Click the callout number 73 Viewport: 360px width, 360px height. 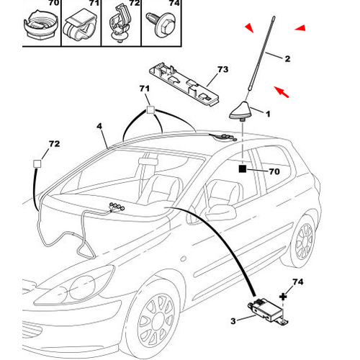(x=222, y=69)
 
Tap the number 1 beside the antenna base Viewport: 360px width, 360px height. (x=268, y=114)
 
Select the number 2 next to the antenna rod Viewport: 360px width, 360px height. (x=287, y=59)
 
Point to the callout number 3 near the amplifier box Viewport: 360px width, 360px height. (x=233, y=321)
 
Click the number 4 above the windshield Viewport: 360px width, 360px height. (x=99, y=126)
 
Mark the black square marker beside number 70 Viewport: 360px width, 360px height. (x=243, y=169)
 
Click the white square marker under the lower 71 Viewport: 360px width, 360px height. (x=150, y=110)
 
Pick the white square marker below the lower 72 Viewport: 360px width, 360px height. (x=37, y=164)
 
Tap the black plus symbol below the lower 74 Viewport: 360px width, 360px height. (x=283, y=297)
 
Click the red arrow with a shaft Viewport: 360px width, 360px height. (x=282, y=92)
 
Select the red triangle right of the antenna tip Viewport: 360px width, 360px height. (x=300, y=28)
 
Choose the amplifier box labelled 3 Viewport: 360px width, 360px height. (x=268, y=311)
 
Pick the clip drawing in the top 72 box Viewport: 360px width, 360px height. (x=120, y=24)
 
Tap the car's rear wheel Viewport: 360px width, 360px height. (x=305, y=241)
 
